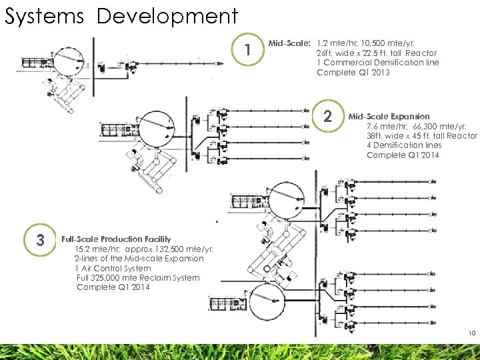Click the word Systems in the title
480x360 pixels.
tap(44, 15)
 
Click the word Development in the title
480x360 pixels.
tap(167, 15)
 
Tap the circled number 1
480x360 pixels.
tap(247, 51)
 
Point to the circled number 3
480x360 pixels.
tap(40, 240)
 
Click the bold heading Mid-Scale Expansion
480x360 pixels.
tap(389, 116)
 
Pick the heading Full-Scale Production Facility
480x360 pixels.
tap(116, 239)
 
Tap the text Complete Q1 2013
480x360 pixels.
tap(353, 72)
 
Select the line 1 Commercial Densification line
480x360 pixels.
tap(378, 63)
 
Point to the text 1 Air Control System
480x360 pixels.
tap(113, 268)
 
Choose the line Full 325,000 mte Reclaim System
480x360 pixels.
tap(138, 277)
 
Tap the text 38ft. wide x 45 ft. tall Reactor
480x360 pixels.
tap(422, 135)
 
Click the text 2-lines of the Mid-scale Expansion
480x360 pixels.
tap(139, 258)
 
